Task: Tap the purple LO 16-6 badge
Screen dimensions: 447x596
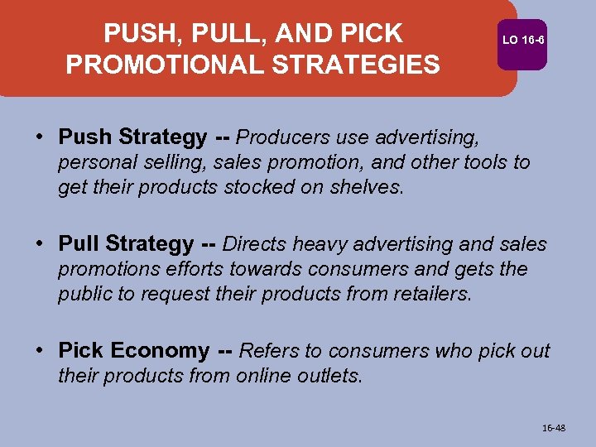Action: [x=523, y=39]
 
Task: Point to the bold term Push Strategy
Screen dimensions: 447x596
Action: [x=132, y=137]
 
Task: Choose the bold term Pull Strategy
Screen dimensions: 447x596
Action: [x=126, y=244]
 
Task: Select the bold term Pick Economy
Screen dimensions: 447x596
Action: [x=134, y=351]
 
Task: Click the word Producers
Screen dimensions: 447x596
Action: [x=282, y=137]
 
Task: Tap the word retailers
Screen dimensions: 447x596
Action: [x=428, y=295]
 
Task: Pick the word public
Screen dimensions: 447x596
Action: [x=84, y=295]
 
